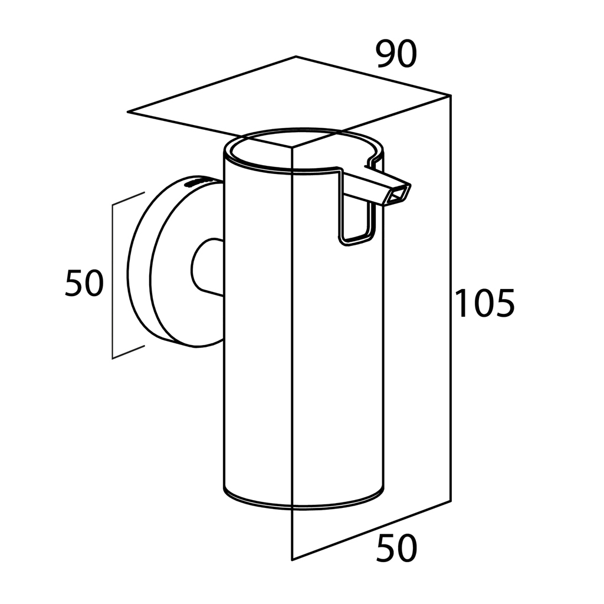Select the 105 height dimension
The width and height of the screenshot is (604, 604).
[485, 304]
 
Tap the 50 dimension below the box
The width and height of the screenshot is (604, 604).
[396, 549]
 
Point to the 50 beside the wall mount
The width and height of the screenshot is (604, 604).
[84, 283]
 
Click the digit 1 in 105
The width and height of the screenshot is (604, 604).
[462, 304]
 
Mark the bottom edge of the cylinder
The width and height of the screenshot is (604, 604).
[304, 506]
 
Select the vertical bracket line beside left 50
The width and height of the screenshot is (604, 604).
[112, 280]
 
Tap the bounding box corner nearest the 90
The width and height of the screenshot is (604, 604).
[451, 95]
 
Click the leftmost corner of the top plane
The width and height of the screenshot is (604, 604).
[128, 111]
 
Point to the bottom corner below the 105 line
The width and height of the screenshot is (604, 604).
[451, 501]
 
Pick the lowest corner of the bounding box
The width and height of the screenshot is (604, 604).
[293, 559]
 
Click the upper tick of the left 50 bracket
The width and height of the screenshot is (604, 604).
[129, 198]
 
